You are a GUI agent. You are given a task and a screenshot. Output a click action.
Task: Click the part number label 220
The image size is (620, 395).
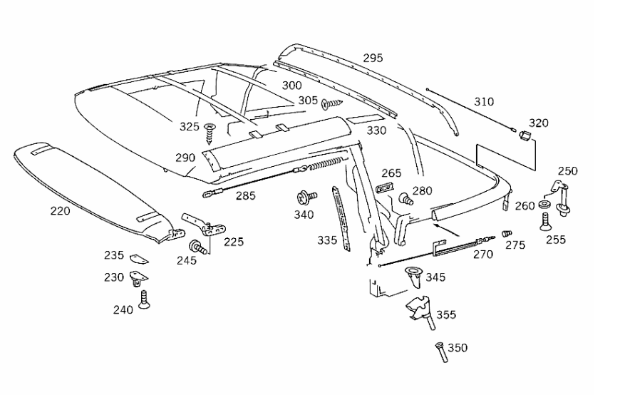pos(60,210)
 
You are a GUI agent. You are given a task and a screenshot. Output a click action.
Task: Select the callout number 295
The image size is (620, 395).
pos(373,58)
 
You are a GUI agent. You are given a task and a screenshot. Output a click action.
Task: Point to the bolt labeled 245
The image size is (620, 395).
pos(197,247)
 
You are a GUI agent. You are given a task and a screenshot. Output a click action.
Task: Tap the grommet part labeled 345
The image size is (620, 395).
pos(413,275)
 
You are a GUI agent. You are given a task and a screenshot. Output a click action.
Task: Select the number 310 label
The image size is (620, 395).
pos(483,102)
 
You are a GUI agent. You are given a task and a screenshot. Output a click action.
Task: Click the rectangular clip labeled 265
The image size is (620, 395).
pos(383,188)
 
